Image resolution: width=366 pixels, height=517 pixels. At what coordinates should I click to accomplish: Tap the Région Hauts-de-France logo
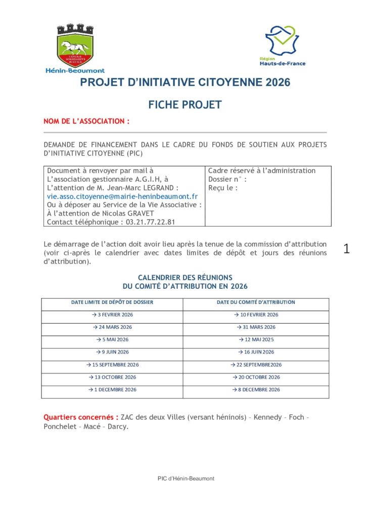[283, 45]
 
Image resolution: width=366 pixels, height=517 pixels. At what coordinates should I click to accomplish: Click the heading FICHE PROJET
[185, 105]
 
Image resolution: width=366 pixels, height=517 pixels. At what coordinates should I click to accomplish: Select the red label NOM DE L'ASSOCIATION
[86, 122]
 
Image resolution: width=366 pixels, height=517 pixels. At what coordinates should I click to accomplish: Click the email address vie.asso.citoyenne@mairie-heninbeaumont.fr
[122, 196]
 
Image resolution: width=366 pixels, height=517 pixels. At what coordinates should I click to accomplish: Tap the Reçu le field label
[222, 188]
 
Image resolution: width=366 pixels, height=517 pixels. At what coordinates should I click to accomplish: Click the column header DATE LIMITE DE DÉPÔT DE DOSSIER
[112, 302]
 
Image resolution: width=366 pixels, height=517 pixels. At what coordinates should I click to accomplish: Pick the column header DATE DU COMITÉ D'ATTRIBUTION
[256, 302]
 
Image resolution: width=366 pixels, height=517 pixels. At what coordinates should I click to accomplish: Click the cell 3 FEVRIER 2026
[112, 315]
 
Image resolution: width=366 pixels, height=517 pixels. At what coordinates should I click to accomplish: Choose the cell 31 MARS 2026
[256, 327]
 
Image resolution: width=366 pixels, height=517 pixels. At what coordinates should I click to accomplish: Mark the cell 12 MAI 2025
[256, 340]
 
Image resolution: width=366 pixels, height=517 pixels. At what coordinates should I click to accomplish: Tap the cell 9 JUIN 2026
[112, 352]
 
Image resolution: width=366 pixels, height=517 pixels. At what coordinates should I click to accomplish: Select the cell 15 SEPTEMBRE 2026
[112, 365]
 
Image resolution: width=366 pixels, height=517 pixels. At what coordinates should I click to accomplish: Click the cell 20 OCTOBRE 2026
[256, 377]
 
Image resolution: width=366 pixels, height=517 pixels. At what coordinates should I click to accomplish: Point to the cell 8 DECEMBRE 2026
[256, 390]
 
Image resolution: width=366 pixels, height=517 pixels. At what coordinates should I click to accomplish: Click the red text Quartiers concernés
[81, 418]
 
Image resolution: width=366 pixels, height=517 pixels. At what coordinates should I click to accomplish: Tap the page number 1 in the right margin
[346, 248]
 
